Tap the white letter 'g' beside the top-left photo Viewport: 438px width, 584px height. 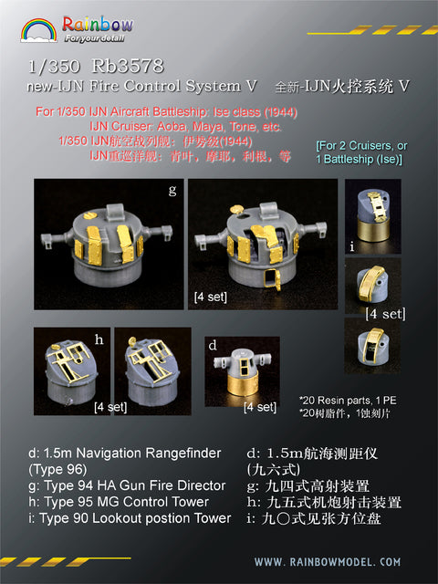pyautogui.click(x=172, y=191)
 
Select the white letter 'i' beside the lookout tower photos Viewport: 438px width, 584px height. pyautogui.click(x=352, y=244)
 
